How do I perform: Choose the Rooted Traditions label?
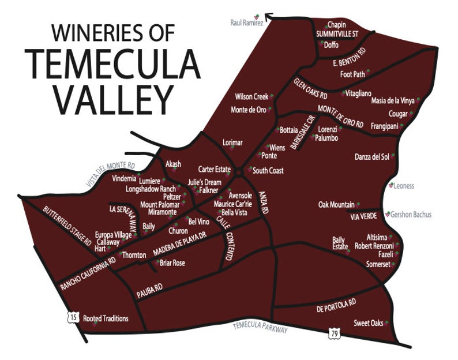(x=106, y=318)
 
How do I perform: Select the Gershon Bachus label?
(x=411, y=215)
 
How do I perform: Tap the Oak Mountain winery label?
(x=336, y=205)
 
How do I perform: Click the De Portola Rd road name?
(x=337, y=305)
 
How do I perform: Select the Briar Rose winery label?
(x=172, y=263)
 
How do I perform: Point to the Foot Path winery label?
(x=352, y=74)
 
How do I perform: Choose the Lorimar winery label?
(x=233, y=142)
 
